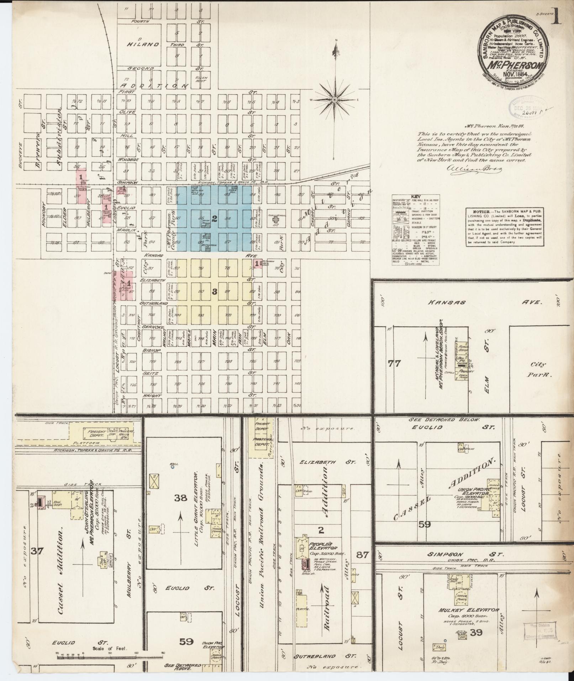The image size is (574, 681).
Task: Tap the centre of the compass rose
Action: (335, 100)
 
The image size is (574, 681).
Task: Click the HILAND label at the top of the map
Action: (143, 44)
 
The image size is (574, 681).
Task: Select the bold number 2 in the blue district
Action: (215, 219)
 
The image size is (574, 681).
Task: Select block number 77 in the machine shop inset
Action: (395, 363)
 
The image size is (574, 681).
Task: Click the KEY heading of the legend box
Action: (416, 197)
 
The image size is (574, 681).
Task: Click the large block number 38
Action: (181, 498)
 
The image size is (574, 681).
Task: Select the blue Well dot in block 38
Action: (172, 467)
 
